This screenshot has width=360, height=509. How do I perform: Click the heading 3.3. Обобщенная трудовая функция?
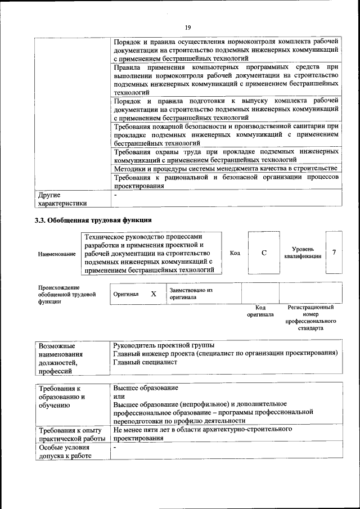pyautogui.click(x=93, y=220)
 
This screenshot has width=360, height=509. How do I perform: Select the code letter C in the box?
pyautogui.click(x=264, y=253)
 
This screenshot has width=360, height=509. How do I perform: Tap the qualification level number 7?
pyautogui.click(x=334, y=252)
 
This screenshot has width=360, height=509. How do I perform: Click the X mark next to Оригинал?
pyautogui.click(x=154, y=294)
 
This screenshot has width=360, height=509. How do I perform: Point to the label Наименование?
pyautogui.click(x=57, y=254)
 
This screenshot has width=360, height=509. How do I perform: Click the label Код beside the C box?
pyautogui.click(x=235, y=253)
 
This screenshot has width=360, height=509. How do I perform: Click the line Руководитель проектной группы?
pyautogui.click(x=163, y=345)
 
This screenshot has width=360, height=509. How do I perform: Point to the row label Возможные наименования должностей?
pyautogui.click(x=61, y=358)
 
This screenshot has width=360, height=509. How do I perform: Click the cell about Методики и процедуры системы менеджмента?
pyautogui.click(x=225, y=168)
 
